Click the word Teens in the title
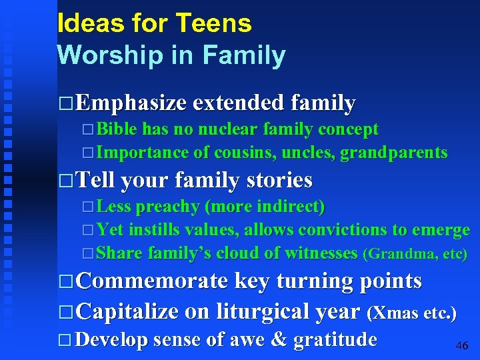(x=214, y=24)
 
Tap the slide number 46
(x=461, y=346)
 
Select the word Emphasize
(x=131, y=103)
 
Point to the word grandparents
(x=393, y=153)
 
